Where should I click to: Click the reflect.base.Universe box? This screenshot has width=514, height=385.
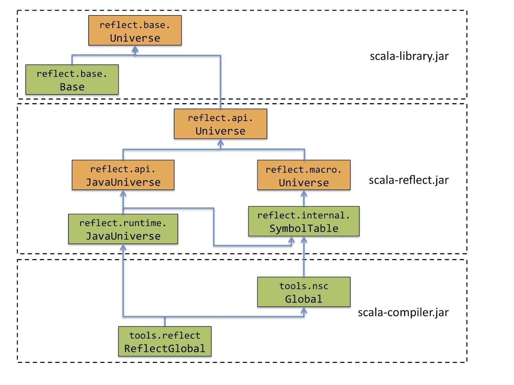tap(135, 30)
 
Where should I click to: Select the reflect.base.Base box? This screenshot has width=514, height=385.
tap(72, 80)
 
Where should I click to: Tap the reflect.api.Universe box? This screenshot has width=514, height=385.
tap(220, 124)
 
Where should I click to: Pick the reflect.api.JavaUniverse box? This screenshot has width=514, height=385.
tap(123, 175)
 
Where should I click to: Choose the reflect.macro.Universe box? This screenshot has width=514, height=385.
tap(304, 175)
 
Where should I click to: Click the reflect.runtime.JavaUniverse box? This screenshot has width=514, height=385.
tap(123, 229)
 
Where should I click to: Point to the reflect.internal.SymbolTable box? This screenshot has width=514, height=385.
tap(304, 221)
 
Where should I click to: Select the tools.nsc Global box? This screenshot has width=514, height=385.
tap(304, 292)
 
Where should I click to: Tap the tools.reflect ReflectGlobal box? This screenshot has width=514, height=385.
tap(164, 341)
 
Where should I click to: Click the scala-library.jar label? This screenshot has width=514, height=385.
tap(409, 56)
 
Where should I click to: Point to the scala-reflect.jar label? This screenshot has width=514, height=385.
tap(409, 180)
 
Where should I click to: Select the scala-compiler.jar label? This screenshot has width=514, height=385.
tap(403, 312)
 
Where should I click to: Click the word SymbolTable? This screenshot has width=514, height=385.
tap(304, 228)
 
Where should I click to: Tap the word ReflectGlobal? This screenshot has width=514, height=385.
tap(164, 348)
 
